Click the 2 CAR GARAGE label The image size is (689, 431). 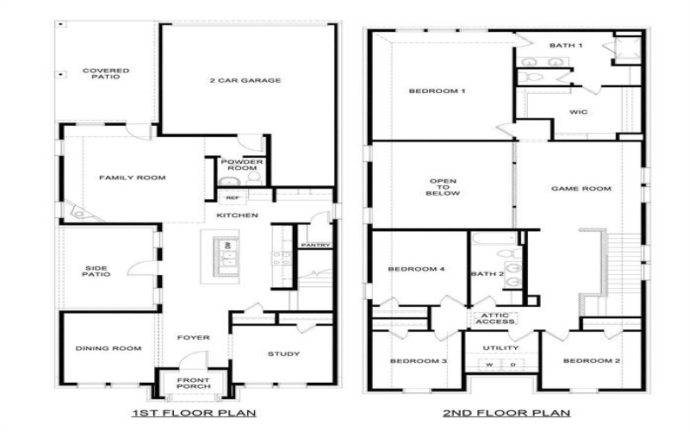tap(245, 81)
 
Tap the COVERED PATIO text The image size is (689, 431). tap(106, 74)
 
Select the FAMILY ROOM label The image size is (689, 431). tap(132, 178)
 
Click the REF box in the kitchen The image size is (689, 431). tap(233, 197)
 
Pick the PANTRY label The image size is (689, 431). tap(315, 246)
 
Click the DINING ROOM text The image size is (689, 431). tap(109, 349)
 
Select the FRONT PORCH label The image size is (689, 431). tap(192, 384)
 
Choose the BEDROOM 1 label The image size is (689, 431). tap(437, 91)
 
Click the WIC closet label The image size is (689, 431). tap(578, 112)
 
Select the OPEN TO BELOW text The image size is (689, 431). tap(443, 187)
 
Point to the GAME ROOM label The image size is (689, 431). tap(582, 189)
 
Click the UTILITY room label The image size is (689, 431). tap(500, 348)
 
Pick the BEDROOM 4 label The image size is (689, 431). tap(416, 269)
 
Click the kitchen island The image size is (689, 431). tap(220, 256)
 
